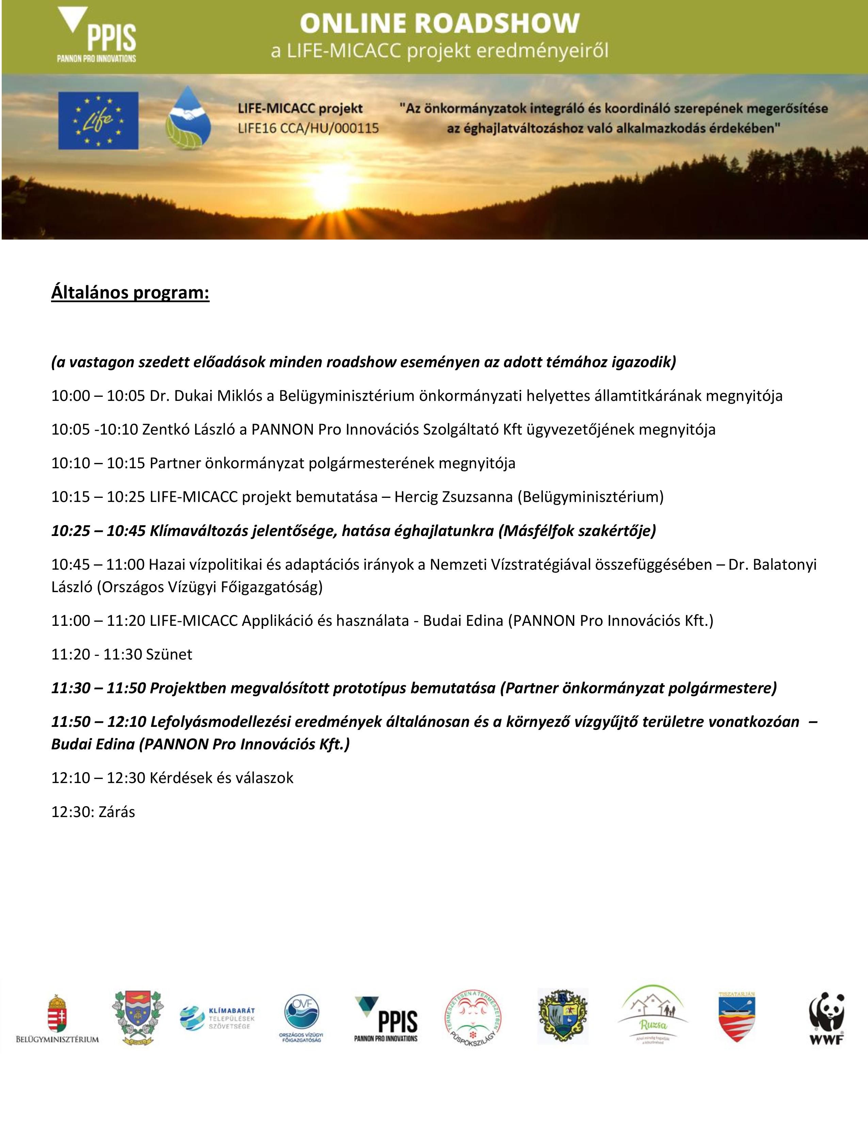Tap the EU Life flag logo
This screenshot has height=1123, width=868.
coord(98,121)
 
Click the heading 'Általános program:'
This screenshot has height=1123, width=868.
coord(130,293)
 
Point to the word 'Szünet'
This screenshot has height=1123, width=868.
coord(168,654)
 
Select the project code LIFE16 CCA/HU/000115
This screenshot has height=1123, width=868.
coord(308,128)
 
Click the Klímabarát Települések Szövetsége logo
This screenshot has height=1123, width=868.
coord(218,1018)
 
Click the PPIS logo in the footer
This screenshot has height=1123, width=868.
coord(386,1019)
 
